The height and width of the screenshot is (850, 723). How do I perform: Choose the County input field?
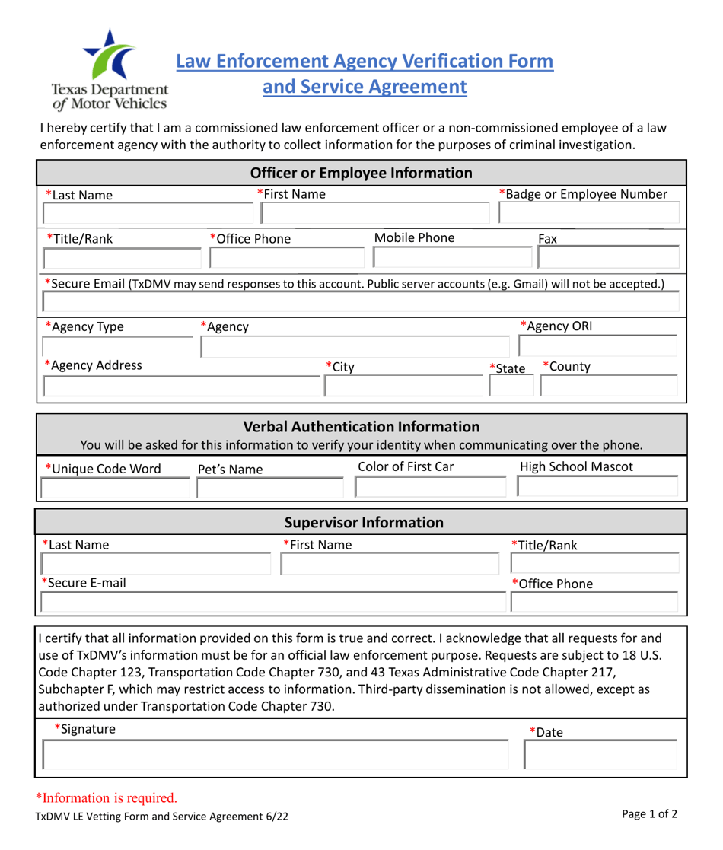pyautogui.click(x=607, y=387)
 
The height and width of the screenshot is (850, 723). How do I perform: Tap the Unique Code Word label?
pyautogui.click(x=103, y=469)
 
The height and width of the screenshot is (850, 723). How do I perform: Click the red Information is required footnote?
pyautogui.click(x=107, y=797)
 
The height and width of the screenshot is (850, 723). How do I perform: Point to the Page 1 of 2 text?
pyautogui.click(x=649, y=814)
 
